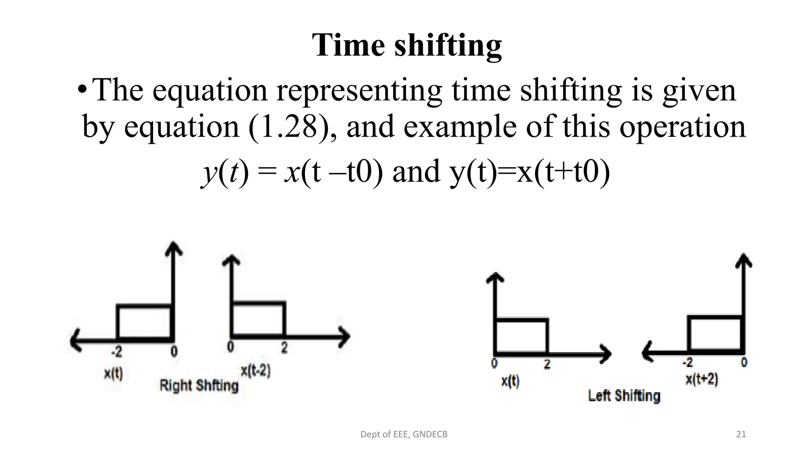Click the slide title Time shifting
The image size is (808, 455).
[x=407, y=45]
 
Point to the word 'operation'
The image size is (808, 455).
[x=682, y=127]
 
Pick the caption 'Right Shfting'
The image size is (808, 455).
[x=199, y=385]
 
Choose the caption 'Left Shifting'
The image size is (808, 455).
[x=624, y=395]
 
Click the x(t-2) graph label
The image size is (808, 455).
[x=256, y=371]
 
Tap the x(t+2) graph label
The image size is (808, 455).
[x=701, y=379]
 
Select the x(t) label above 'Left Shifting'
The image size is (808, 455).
[x=510, y=381]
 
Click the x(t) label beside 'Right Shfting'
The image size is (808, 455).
[x=113, y=373]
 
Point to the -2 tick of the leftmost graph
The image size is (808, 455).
[x=116, y=351]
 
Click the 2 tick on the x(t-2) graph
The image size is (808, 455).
[x=284, y=348]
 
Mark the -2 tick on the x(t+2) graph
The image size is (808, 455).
[x=687, y=362]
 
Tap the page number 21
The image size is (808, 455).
[x=741, y=434]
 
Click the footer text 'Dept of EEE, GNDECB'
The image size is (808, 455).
[x=404, y=434]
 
